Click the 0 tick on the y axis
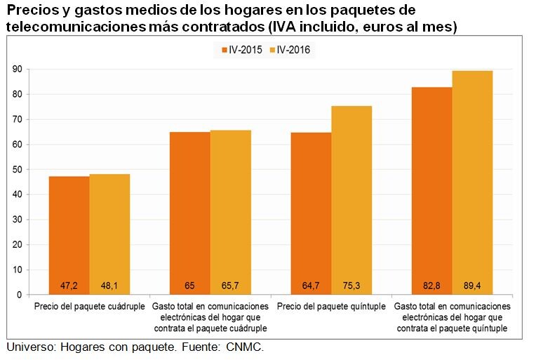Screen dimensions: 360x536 [20, 295]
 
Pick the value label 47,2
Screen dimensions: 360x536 [69, 286]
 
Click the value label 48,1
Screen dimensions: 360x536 [109, 286]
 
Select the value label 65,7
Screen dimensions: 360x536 [231, 286]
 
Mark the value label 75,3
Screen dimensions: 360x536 [351, 286]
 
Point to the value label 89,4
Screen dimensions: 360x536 [472, 286]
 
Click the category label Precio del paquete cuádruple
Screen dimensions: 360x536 [89, 307]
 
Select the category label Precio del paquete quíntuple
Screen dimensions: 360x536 [331, 307]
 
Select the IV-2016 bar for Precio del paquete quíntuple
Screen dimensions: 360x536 [351, 196]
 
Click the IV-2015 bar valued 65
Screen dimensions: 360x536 [190, 211]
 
